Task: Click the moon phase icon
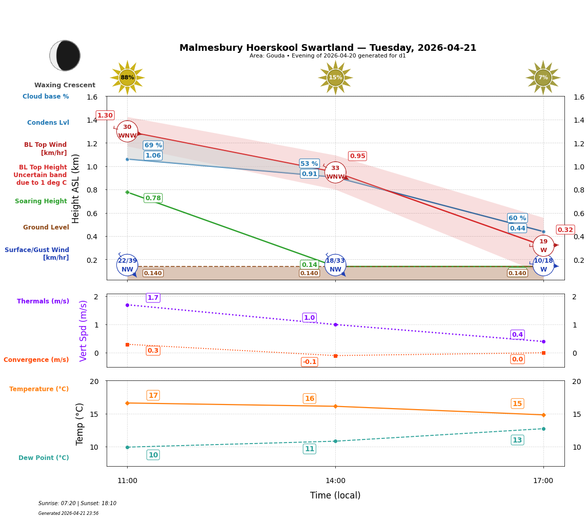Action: click(65, 55)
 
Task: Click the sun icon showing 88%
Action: click(127, 78)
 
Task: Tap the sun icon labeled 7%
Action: click(543, 78)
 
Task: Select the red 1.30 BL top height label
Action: click(105, 116)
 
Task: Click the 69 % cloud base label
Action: click(153, 145)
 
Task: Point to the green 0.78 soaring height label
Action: click(153, 198)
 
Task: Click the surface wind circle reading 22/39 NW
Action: click(127, 265)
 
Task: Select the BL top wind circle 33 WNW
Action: click(335, 172)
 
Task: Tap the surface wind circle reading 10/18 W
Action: click(543, 265)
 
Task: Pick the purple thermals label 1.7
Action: click(153, 298)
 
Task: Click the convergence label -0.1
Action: click(310, 362)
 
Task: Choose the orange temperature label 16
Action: click(310, 399)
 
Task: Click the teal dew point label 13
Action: click(517, 440)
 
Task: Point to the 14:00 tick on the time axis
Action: click(335, 480)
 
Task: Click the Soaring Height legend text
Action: click(41, 201)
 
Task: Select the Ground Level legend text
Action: click(46, 227)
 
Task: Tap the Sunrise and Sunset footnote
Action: click(77, 504)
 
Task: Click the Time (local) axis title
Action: click(335, 495)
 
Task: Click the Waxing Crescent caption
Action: click(65, 85)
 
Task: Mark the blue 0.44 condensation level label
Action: click(517, 228)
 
